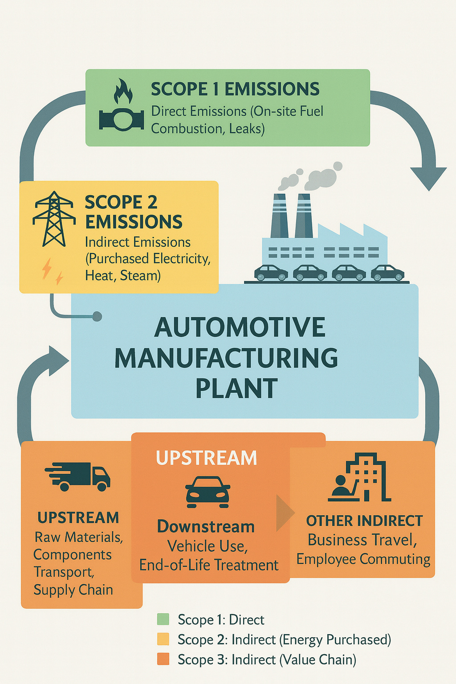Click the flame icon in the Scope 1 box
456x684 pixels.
[123, 92]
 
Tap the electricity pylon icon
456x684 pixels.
[54, 219]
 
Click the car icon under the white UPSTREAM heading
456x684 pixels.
[208, 492]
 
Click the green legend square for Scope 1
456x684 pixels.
[163, 619]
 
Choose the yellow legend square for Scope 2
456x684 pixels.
[163, 639]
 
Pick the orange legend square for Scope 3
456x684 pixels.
[163, 659]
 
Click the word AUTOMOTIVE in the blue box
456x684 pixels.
[240, 328]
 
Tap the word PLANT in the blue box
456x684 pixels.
[236, 388]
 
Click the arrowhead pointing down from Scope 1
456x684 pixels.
[428, 178]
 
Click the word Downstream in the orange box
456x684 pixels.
[206, 527]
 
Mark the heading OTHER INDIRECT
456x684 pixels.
[364, 521]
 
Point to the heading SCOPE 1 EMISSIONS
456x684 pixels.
[235, 89]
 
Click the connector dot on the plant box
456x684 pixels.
[97, 317]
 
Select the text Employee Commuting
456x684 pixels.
[363, 559]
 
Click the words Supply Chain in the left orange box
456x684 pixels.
[73, 590]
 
